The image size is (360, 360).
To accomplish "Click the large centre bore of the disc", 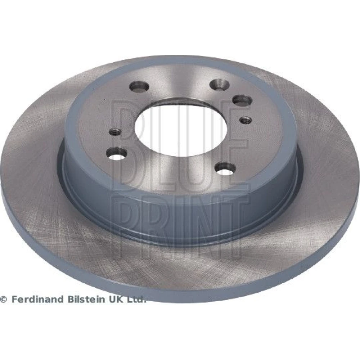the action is click(x=181, y=128).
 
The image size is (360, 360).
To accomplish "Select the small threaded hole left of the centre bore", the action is click(x=115, y=132).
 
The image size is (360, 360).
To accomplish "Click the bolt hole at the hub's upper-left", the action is click(x=139, y=86).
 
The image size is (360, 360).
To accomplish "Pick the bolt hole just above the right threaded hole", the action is click(x=242, y=100).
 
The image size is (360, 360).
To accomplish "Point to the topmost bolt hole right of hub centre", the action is click(x=220, y=84).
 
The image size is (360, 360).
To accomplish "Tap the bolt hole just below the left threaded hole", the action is click(x=117, y=153).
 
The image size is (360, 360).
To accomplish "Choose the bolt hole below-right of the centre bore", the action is click(x=225, y=168).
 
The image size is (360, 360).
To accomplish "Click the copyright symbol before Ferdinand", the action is click(x=4, y=299).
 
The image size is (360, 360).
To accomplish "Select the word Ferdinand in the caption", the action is click(x=37, y=299).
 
